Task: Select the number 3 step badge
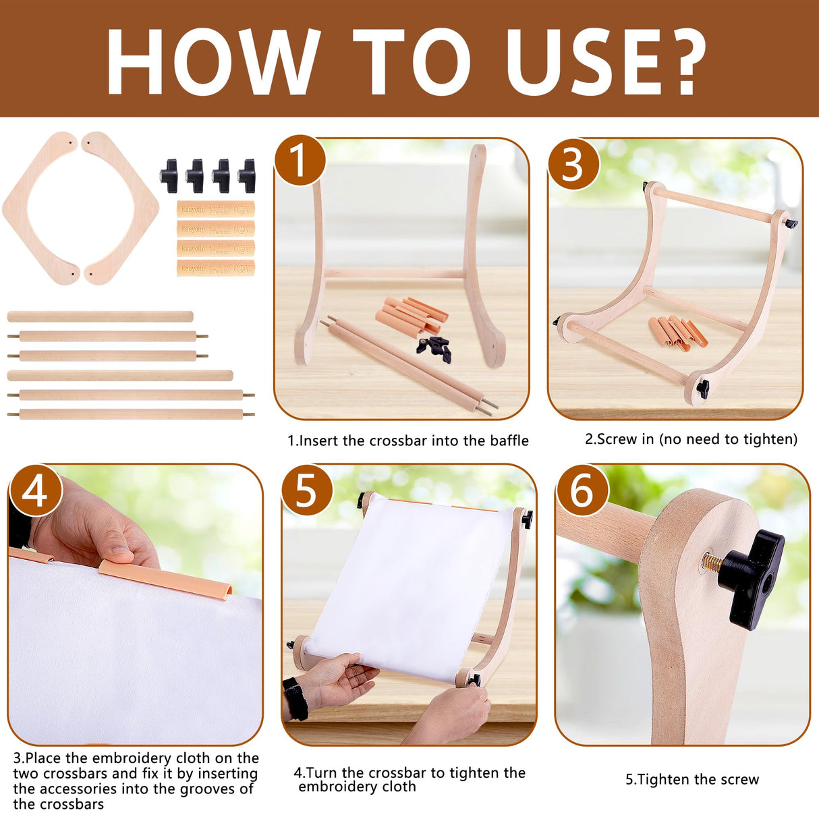click(573, 164)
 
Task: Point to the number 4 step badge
click(34, 490)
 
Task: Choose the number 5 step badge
click(306, 490)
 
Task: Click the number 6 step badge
click(582, 490)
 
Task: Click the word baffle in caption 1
click(509, 441)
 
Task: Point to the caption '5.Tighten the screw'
click(691, 780)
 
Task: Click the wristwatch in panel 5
click(295, 698)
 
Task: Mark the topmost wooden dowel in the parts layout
click(100, 316)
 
